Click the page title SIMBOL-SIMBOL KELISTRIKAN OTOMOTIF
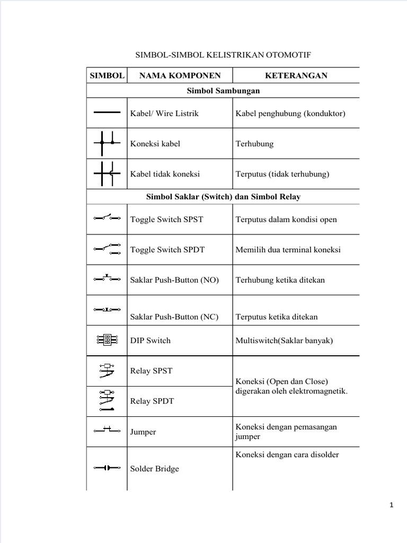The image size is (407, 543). (223, 56)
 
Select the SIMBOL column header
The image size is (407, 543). (107, 76)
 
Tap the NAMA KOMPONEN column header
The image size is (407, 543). (179, 76)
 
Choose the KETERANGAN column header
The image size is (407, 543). (296, 76)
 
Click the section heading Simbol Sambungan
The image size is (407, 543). (223, 91)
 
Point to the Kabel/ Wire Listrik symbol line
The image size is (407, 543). (107, 112)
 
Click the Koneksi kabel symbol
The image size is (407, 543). (107, 143)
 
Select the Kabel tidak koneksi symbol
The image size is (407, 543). (107, 173)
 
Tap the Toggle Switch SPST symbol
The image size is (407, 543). (107, 217)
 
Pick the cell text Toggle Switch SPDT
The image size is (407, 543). (167, 250)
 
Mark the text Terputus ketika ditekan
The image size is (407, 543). (276, 317)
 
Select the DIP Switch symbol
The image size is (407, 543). (107, 340)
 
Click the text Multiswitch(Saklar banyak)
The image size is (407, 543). (284, 340)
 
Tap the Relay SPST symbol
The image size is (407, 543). (107, 371)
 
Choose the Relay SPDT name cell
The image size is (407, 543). (152, 401)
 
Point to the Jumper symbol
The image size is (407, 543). (107, 430)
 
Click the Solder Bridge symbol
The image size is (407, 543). (107, 468)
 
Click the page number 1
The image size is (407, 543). (392, 506)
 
